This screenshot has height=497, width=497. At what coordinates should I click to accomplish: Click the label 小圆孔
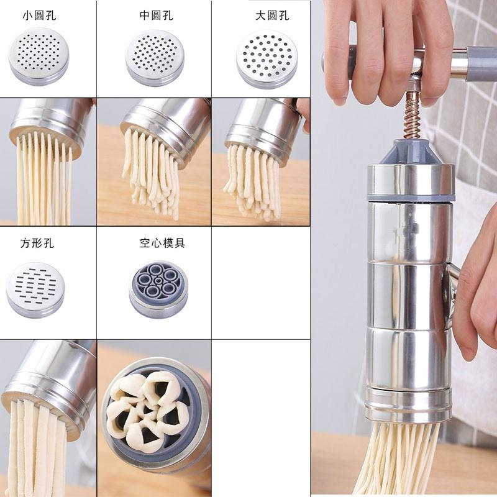click(39, 16)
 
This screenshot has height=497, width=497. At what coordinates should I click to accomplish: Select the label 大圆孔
click(272, 16)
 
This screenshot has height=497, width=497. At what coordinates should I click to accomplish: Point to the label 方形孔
click(37, 243)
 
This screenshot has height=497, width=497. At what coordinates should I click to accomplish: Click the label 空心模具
click(162, 243)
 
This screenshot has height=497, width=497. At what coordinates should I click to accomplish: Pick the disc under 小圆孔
click(39, 56)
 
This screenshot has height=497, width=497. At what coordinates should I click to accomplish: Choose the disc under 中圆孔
click(155, 57)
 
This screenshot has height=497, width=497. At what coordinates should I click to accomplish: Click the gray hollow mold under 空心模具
click(158, 288)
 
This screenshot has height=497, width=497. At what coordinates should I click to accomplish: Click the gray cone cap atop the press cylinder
click(409, 152)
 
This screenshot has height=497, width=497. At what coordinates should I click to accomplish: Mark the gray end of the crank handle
click(481, 64)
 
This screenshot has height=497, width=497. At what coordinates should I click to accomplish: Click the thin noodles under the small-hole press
click(43, 180)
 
